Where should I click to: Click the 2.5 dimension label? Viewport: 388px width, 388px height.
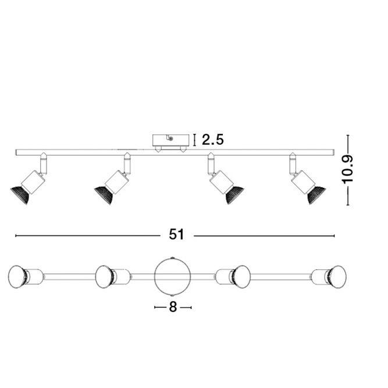213,140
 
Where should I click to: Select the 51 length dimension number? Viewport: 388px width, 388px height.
176,234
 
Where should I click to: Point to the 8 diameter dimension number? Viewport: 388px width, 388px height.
173,307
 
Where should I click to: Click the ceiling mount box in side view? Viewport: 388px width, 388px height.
171,141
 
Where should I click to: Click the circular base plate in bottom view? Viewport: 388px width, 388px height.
173,276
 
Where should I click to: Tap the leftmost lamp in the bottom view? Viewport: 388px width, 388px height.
20,276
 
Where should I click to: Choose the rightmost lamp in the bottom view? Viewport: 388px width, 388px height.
334,275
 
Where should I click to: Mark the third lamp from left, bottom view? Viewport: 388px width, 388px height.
239,275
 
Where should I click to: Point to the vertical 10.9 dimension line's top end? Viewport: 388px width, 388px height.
348,136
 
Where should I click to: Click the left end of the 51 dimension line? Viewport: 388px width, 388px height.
16,236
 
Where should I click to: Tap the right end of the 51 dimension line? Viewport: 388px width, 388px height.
334,236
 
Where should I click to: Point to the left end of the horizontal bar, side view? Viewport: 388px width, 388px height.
17,152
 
